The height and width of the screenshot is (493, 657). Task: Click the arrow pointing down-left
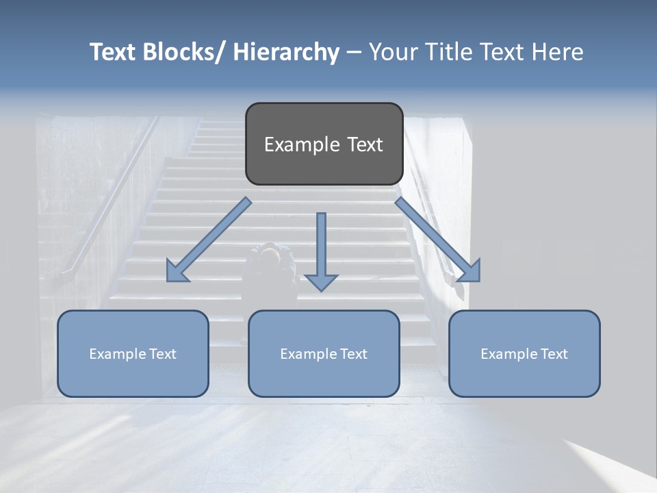click(x=209, y=240)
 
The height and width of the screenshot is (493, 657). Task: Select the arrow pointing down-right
click(x=437, y=240)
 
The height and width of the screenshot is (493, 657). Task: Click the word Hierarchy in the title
click(x=286, y=52)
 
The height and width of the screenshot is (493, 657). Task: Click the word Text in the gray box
click(x=365, y=144)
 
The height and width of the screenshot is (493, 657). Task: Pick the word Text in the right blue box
click(x=554, y=354)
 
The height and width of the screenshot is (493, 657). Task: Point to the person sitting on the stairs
click(x=272, y=264)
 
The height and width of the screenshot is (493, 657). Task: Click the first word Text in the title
click(x=113, y=52)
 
